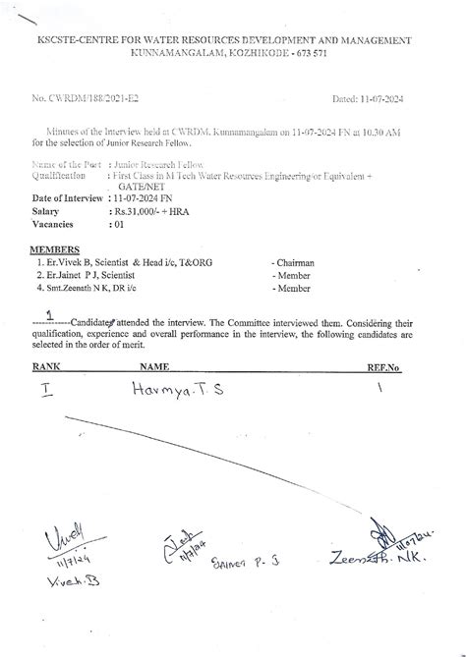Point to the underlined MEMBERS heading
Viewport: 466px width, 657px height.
coord(55,250)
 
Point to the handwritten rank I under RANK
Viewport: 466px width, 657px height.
coord(46,390)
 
